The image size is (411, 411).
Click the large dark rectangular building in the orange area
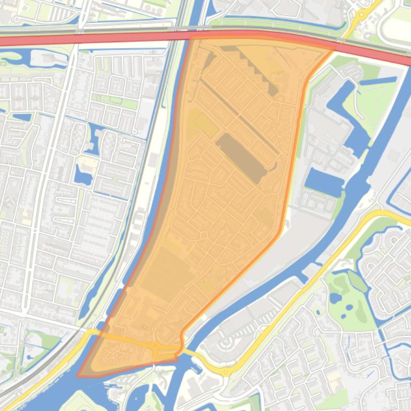241,159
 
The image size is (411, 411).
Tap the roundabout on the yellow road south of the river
227,370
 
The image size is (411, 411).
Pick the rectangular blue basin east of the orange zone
324,183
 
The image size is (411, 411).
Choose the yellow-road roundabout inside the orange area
157,348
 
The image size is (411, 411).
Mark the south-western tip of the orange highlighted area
79,375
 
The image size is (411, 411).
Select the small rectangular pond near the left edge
22,117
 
